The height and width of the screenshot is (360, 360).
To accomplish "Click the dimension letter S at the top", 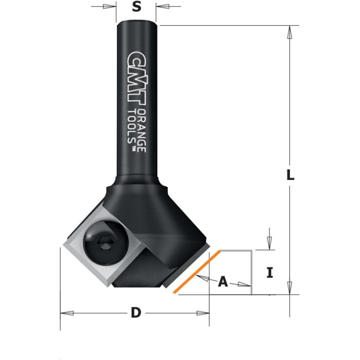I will pyautogui.click(x=136, y=7).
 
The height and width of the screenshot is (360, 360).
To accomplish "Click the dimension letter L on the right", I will pyautogui.click(x=291, y=175).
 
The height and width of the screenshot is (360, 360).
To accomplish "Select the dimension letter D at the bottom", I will pyautogui.click(x=135, y=313).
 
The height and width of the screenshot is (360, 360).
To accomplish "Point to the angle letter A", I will pyautogui.click(x=223, y=281).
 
